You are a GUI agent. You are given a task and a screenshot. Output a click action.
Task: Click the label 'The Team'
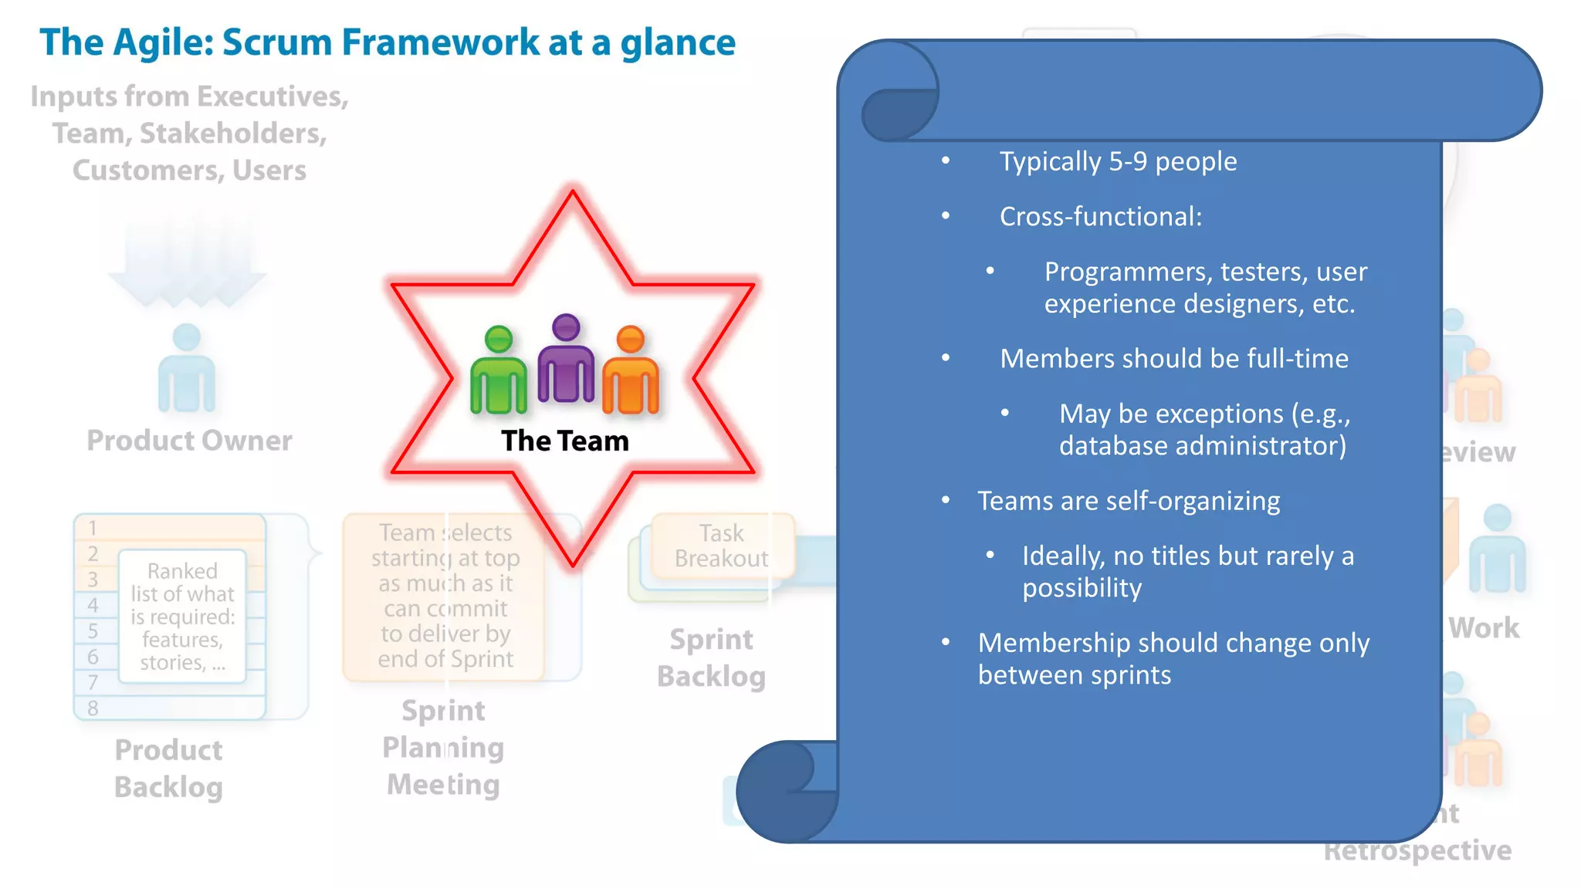point(565,441)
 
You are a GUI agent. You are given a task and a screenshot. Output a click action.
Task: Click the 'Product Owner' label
point(189,441)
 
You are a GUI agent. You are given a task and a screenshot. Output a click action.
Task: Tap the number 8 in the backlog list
point(93,708)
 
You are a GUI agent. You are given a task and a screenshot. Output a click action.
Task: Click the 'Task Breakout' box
point(721,546)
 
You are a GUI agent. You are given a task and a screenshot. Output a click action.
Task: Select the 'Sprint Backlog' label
point(711,657)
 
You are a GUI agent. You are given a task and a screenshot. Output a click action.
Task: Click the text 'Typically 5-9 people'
point(1118,161)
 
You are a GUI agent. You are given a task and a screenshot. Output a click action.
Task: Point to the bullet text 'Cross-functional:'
point(1101,217)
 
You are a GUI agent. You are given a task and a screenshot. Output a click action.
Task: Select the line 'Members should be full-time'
point(1173,359)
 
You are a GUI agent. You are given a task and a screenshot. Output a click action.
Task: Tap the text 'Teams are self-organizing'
point(1129,501)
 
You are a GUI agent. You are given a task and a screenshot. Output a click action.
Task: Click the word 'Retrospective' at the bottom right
point(1417,850)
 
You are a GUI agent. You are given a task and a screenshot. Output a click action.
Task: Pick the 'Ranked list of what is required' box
point(182,617)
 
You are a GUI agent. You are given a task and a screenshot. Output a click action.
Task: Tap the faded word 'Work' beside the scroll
point(1484,628)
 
